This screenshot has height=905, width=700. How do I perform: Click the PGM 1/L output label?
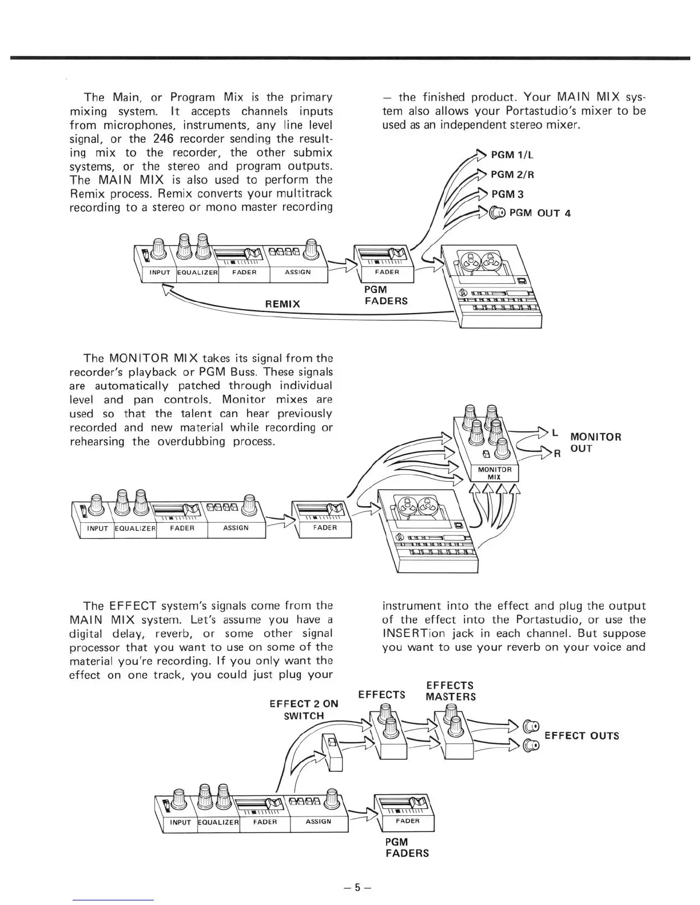[512, 155]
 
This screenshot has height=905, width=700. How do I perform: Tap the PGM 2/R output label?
[513, 174]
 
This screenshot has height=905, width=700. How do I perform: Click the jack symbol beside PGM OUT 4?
[498, 213]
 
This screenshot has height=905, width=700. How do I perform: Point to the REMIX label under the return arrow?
[283, 304]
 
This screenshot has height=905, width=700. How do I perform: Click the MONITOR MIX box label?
[495, 473]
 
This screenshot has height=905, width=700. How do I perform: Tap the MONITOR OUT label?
[595, 443]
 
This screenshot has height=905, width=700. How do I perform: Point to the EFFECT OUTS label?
[582, 735]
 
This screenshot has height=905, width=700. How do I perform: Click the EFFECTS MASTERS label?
[451, 691]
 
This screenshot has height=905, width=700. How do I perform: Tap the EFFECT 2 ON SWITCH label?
[304, 710]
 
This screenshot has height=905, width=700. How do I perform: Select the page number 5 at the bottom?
[358, 887]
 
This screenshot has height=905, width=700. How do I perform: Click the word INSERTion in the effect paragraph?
[412, 633]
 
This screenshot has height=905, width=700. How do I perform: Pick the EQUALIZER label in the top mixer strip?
[198, 272]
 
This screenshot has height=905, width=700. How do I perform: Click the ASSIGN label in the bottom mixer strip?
[319, 821]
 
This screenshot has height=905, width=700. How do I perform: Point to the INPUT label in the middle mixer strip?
[97, 528]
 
